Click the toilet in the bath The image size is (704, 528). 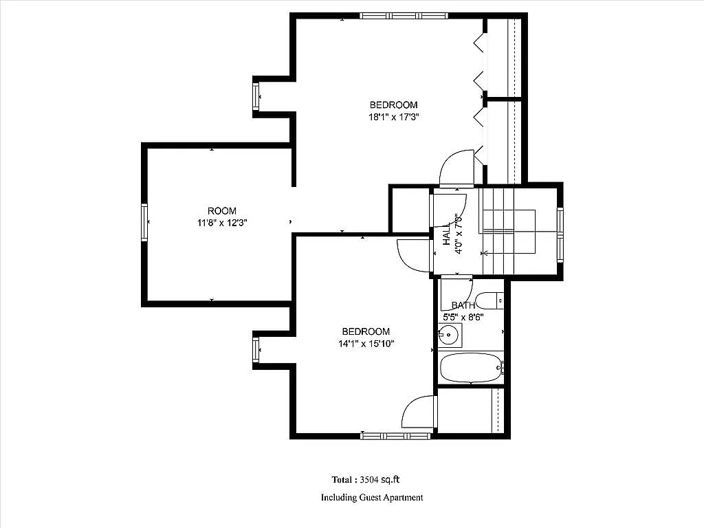[491, 300]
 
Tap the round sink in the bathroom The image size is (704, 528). [448, 336]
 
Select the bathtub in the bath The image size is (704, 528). [471, 368]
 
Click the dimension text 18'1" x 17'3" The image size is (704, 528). [394, 117]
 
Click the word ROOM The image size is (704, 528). [222, 210]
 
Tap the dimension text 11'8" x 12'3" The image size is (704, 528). [222, 223]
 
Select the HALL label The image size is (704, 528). [447, 234]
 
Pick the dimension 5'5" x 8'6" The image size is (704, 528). [463, 317]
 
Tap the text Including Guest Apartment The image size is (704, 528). [372, 497]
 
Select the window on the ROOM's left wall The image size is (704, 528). [145, 223]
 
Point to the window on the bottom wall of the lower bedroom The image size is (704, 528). [396, 435]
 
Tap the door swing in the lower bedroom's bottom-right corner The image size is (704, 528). [419, 412]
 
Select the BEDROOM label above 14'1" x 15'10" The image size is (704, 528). [366, 331]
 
